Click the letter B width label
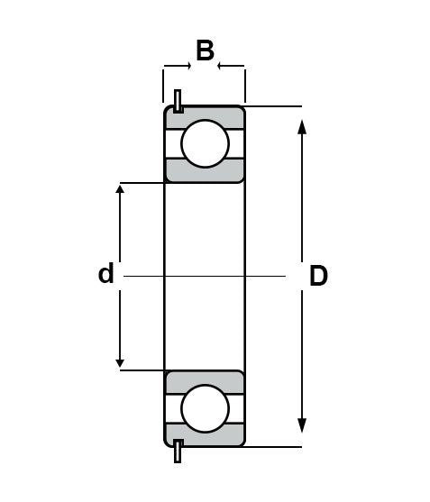coord(205,50)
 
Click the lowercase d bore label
coord(106,273)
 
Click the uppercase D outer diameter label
coord(318,276)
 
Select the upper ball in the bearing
coord(205,143)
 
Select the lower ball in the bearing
coord(205,408)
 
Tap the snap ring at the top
coord(178,101)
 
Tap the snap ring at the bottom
coord(178,452)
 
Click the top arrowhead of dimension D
coord(302,126)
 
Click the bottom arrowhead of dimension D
coord(302,425)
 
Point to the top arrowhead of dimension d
coord(120,189)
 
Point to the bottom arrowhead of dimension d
coord(120,363)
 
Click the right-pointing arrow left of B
coord(178,66)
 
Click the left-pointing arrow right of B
coord(231,66)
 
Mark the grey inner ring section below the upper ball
coord(205,171)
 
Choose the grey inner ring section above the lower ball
coord(205,381)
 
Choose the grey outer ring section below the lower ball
coord(205,435)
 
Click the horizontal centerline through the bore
coord(205,276)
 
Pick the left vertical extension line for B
coord(163,86)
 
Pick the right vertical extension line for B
coord(245,86)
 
